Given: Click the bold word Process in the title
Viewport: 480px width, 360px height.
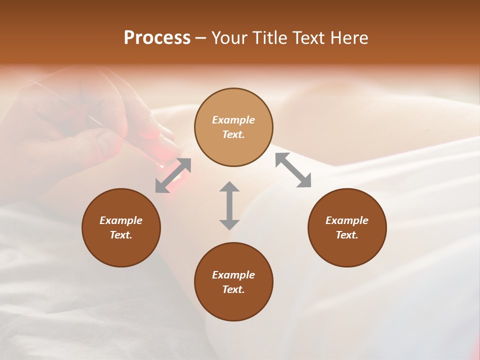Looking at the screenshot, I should point(157,38).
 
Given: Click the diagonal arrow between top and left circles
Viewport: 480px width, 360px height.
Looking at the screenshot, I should point(173,175).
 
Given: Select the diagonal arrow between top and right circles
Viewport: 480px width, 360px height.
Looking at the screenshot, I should point(293,170).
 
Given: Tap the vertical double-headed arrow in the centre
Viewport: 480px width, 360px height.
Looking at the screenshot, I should point(229,205).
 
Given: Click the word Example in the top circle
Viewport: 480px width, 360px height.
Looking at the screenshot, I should point(233,120).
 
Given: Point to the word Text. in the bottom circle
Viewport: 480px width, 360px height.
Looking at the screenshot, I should point(233,289).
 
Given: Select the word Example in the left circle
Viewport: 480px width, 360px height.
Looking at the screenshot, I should point(121,220).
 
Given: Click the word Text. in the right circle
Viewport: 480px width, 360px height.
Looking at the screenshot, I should point(347,235).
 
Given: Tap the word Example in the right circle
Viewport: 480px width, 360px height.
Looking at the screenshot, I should point(347,220).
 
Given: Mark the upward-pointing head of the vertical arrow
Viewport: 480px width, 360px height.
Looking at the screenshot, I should point(229,187).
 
